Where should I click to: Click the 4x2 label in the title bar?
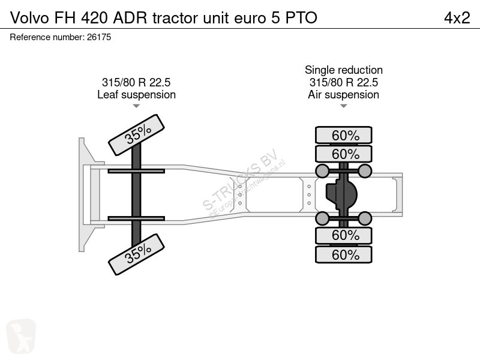click(x=457, y=18)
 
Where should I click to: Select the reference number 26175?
click(x=99, y=37)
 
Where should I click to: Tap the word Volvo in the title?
click(x=29, y=18)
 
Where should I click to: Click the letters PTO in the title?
click(x=301, y=18)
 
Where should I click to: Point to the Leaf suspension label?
click(x=137, y=95)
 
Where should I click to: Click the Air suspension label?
click(x=343, y=95)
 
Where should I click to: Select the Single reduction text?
click(x=343, y=70)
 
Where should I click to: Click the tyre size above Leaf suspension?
click(x=136, y=82)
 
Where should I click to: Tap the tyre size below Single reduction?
click(x=343, y=82)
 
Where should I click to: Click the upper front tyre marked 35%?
click(x=137, y=135)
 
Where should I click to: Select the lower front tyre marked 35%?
click(x=137, y=254)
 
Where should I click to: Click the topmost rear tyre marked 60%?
click(x=344, y=135)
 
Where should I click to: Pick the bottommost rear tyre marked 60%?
click(x=344, y=254)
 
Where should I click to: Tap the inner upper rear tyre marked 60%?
click(x=344, y=154)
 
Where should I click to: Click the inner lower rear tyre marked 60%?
click(x=344, y=235)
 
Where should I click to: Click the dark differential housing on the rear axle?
click(x=341, y=194)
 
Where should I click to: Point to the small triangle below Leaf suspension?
click(x=136, y=106)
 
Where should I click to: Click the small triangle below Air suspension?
click(x=343, y=106)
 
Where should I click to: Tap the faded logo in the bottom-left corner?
click(x=21, y=336)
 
